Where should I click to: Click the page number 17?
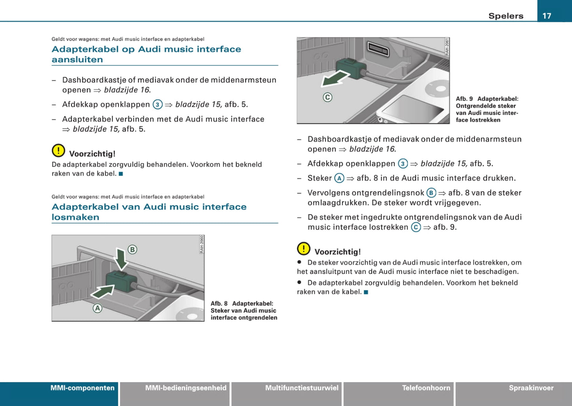pos(547,16)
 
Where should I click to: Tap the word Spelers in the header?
pos(505,16)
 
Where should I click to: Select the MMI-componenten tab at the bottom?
pos(82,388)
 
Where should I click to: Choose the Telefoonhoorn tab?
pos(426,388)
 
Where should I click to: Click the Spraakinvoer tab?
pos(531,388)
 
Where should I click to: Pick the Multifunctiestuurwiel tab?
pos(302,388)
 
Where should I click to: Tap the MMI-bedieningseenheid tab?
pos(186,388)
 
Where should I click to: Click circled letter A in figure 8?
pos(97,308)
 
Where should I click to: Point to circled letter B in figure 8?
pos(132,250)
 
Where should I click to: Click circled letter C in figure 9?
pos(327,97)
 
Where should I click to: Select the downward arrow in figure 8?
pos(121,259)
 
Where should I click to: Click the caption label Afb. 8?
pos(219,304)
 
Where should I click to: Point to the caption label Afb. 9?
pos(464,99)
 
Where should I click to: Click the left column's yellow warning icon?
pos(58,150)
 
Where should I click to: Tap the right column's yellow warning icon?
pos(304,249)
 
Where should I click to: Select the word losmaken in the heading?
pos(76,217)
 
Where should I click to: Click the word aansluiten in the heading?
pos(77,60)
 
